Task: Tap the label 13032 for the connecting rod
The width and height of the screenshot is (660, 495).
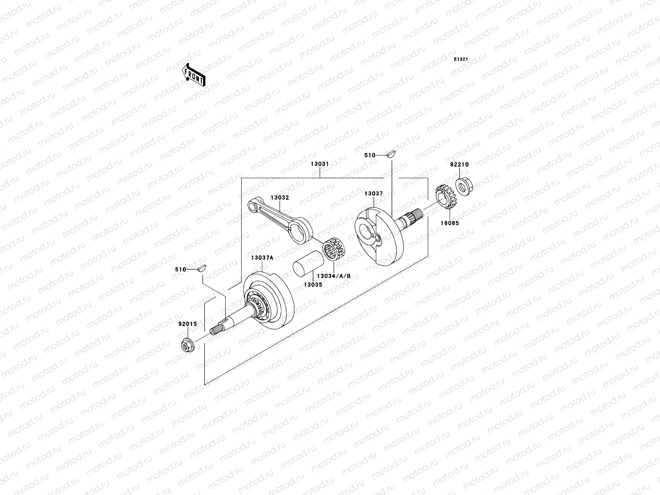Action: click(x=280, y=198)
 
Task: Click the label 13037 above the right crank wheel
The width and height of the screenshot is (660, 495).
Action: click(x=373, y=193)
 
